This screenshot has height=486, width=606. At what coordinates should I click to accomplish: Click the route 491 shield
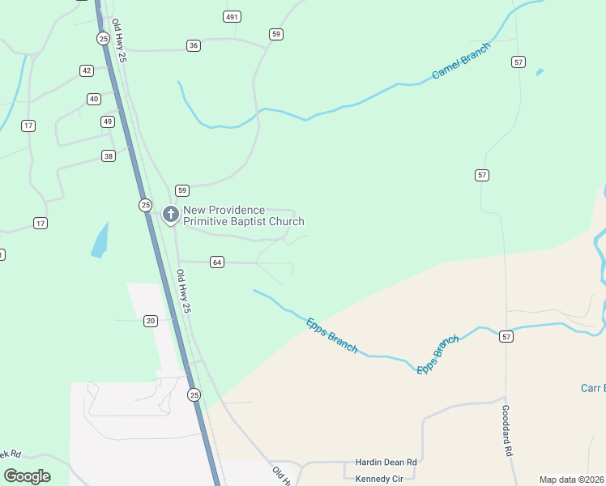tap(233, 17)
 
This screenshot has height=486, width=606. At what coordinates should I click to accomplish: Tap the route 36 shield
tap(193, 45)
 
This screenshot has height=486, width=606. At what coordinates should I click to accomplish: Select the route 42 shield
tap(87, 70)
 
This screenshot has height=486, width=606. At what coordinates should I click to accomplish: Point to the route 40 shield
tap(94, 99)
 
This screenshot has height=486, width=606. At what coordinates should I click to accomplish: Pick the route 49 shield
tap(108, 122)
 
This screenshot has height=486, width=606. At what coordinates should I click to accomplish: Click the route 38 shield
tap(109, 156)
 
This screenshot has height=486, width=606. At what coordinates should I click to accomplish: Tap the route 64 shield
tap(216, 262)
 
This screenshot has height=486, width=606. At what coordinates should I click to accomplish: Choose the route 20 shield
tap(151, 321)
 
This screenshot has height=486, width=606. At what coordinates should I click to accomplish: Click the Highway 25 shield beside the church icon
tap(145, 205)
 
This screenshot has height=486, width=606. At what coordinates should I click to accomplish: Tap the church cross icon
tap(170, 215)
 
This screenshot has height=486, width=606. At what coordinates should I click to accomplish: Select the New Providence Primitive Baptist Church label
tap(243, 215)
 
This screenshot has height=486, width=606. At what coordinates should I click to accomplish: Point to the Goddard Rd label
tap(508, 430)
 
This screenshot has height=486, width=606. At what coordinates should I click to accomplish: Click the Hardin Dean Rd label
tap(386, 462)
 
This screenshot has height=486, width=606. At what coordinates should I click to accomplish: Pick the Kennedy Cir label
tap(379, 479)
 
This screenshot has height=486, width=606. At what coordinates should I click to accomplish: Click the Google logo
tap(27, 475)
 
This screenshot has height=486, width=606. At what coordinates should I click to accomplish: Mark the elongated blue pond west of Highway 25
tap(100, 241)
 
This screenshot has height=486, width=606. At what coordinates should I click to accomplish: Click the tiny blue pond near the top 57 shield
tap(540, 72)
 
